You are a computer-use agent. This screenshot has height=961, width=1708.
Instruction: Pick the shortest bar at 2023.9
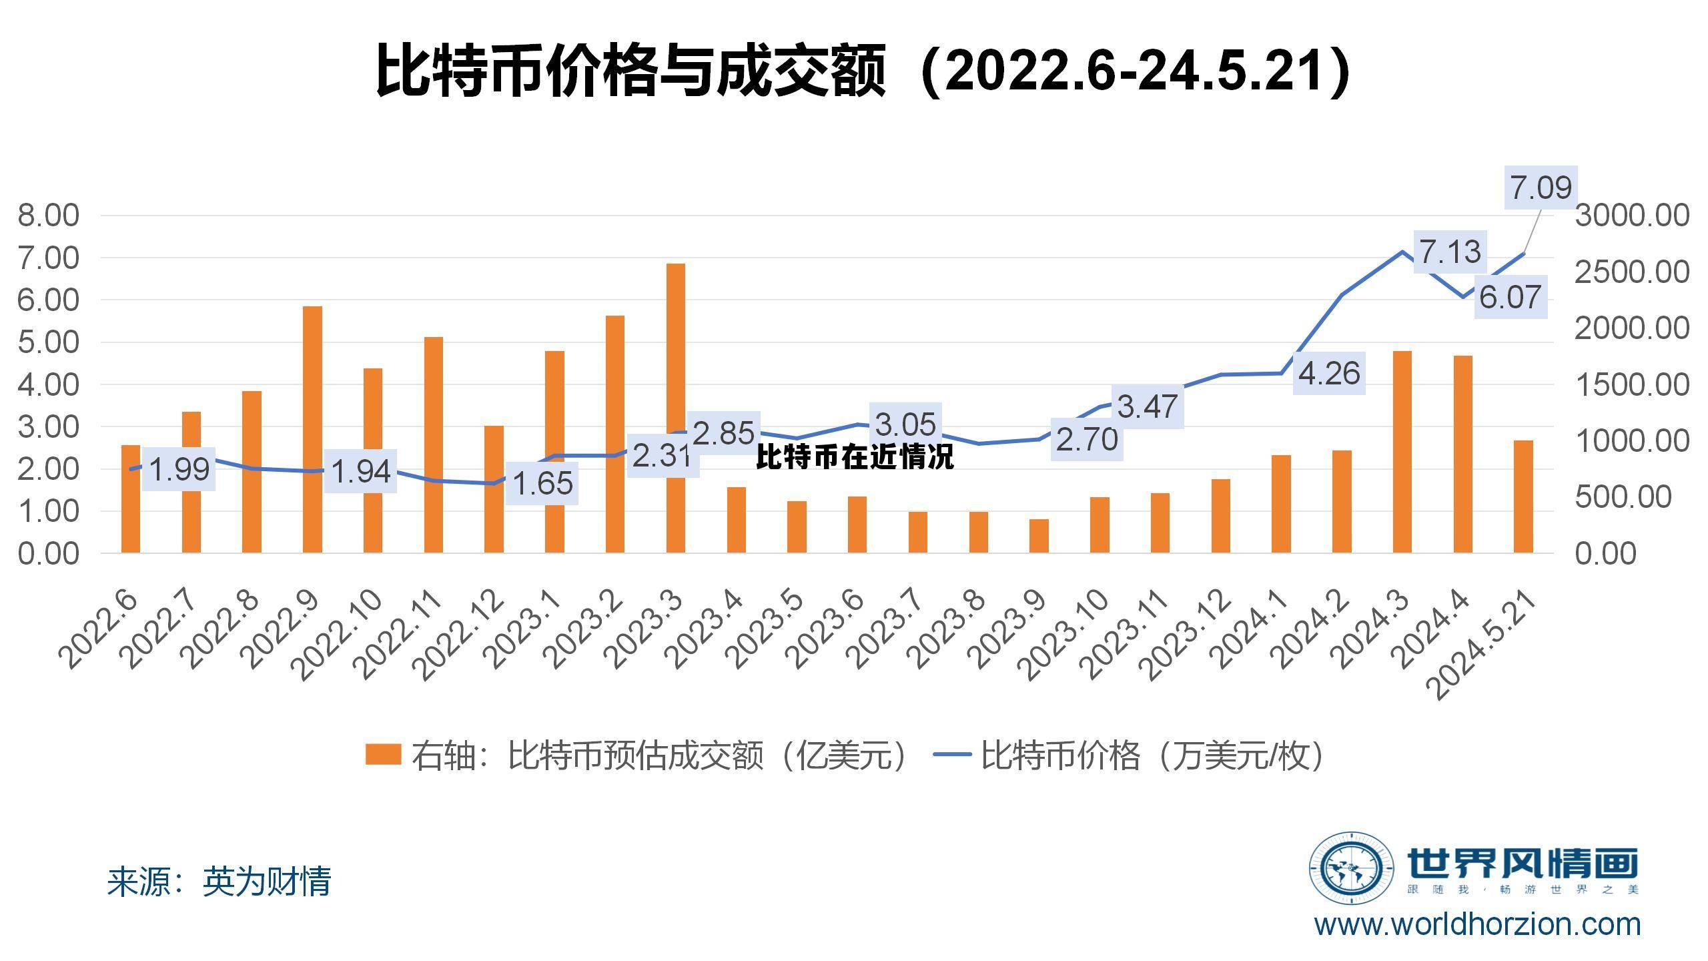1039,536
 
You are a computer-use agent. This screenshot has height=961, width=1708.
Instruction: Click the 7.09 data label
1541,188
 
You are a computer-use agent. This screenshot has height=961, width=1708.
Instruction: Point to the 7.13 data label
1450,252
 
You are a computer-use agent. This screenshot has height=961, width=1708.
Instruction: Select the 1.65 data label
542,483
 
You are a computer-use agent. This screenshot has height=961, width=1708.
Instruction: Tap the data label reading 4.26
1329,374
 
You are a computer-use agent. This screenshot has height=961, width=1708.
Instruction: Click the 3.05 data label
905,424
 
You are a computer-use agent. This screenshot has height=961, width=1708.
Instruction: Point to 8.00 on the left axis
48,216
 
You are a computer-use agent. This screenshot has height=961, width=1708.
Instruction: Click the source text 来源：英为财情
219,882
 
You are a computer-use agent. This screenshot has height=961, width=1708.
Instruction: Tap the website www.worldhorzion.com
1477,925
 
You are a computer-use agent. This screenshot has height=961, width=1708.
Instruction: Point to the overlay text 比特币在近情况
855,457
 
